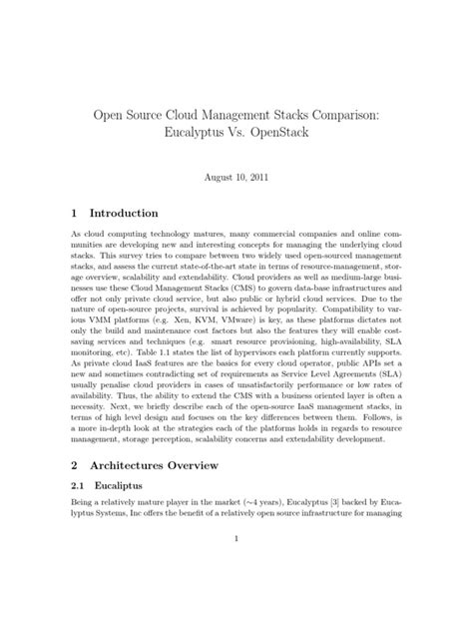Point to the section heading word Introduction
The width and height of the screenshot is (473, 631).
click(124, 213)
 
